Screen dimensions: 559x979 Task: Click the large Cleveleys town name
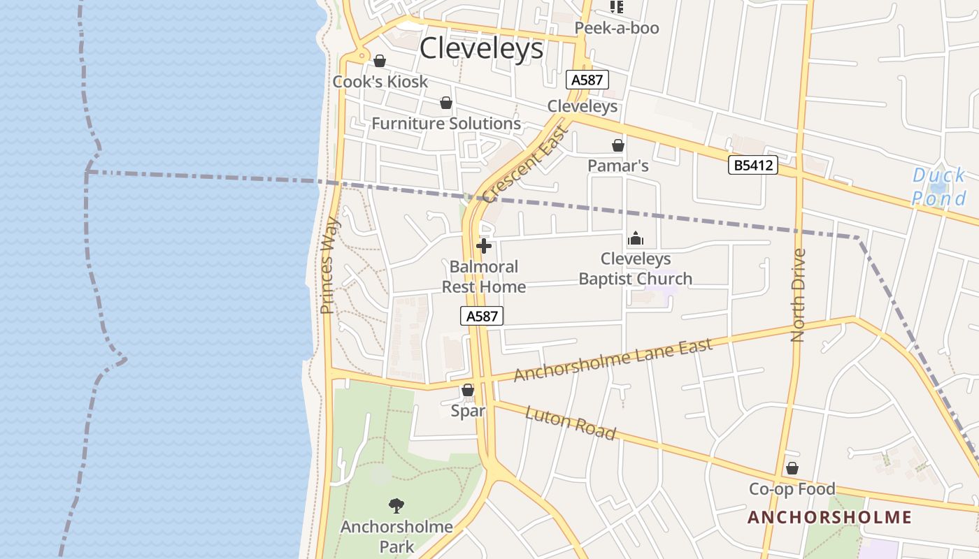[481, 48]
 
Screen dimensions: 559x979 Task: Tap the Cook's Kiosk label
[380, 82]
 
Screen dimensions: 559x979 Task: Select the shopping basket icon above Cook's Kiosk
[380, 61]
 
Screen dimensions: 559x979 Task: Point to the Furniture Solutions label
[446, 124]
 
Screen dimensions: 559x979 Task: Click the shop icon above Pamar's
[618, 145]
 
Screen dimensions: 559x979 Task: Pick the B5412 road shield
[752, 166]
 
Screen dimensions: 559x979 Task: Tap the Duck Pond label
[938, 187]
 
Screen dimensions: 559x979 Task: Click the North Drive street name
[798, 295]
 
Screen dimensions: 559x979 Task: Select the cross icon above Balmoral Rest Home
[483, 246]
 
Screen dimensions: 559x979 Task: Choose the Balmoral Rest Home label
[484, 277]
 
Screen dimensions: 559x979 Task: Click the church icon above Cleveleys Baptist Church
[635, 239]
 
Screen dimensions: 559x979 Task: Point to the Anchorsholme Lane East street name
[613, 360]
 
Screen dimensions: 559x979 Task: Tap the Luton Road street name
[571, 423]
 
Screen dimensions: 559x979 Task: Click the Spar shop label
[468, 411]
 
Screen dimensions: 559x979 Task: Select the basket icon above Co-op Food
[792, 468]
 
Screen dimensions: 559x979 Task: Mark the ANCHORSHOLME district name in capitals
[829, 518]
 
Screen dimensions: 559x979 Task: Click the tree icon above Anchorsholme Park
[396, 506]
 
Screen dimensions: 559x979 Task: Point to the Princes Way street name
[329, 265]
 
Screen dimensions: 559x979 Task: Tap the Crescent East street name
[525, 163]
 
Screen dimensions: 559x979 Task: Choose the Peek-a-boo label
[617, 29]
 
